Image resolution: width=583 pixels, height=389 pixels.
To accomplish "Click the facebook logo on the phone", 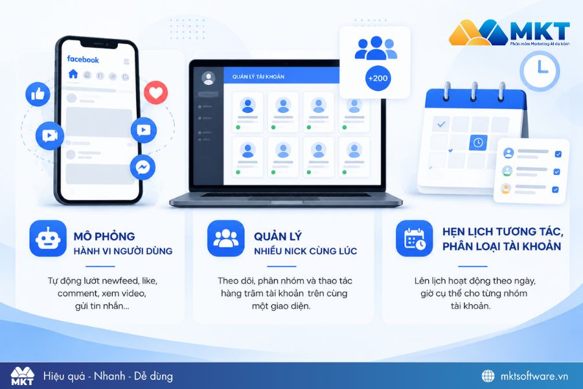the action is (x=83, y=59).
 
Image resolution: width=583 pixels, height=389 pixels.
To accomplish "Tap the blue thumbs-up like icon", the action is (x=38, y=94).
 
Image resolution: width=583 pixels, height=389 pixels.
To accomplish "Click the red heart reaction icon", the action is (x=155, y=92).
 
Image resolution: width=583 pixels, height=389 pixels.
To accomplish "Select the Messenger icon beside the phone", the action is (x=143, y=167).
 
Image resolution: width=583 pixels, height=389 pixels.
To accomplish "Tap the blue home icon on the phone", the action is (x=73, y=74).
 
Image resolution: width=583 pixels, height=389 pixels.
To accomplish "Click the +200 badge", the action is (x=378, y=78).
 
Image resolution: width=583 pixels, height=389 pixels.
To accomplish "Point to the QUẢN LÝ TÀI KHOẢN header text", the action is (x=258, y=77).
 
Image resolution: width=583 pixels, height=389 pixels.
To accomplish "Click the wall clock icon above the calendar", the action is (x=540, y=71).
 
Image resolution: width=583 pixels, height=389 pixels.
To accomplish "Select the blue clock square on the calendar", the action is (x=478, y=143).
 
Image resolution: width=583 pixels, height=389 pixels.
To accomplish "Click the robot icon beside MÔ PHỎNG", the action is (x=48, y=238).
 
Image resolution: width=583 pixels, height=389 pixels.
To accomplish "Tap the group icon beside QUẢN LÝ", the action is (x=225, y=238).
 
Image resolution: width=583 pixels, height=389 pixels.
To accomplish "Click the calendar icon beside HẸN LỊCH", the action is (x=414, y=238).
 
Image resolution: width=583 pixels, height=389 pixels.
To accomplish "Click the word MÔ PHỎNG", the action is (x=104, y=237).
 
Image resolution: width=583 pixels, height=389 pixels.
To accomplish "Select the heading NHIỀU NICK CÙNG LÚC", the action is (x=306, y=252).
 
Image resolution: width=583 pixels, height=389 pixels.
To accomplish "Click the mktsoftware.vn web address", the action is (x=534, y=376).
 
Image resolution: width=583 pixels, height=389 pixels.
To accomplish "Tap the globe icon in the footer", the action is (x=488, y=376).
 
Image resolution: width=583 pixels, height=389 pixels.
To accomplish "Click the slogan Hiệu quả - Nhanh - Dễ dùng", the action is (x=108, y=376).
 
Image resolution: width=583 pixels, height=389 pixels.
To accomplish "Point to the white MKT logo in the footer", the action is (x=22, y=376).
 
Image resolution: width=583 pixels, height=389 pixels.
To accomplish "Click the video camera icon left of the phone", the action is (x=50, y=136).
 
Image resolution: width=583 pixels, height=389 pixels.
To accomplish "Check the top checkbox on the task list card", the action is (x=558, y=154).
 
